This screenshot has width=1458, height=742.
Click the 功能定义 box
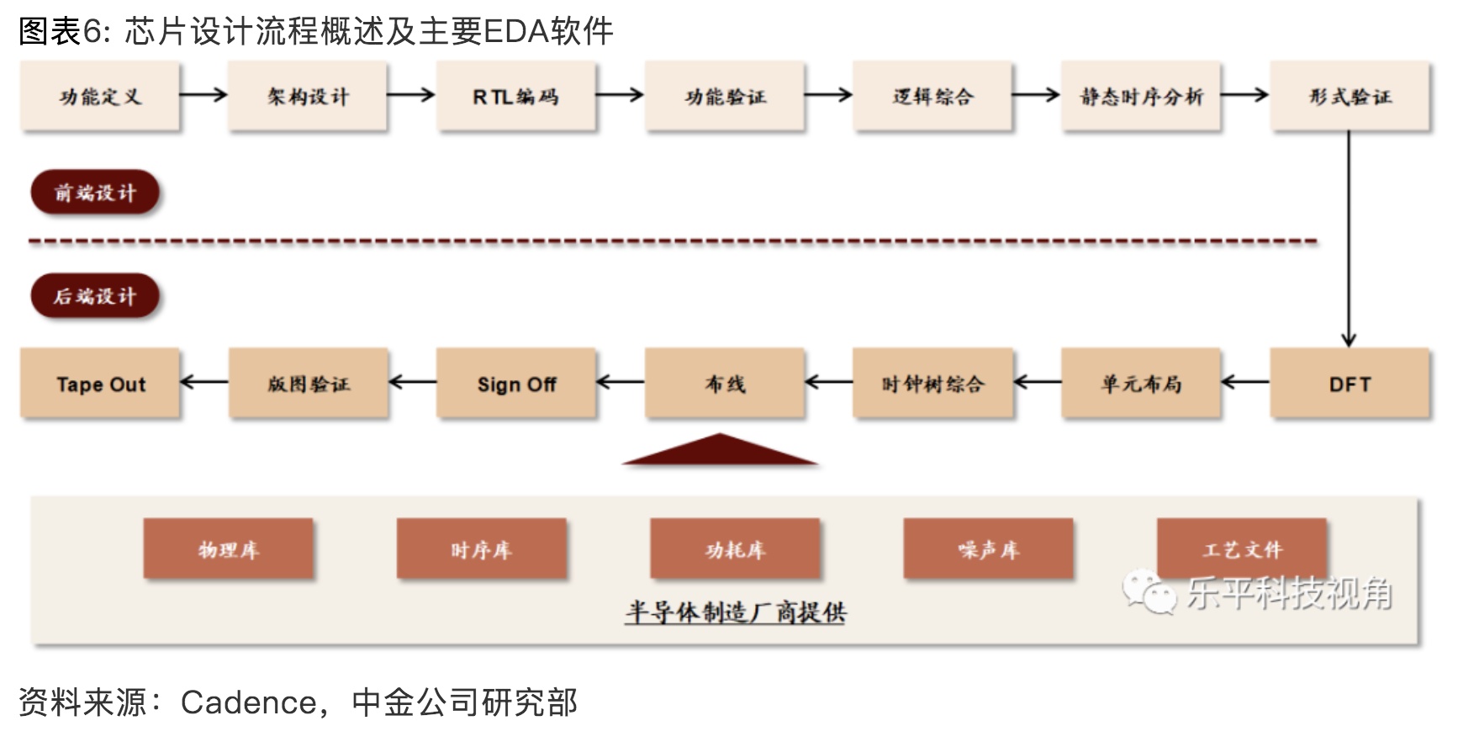tap(100, 96)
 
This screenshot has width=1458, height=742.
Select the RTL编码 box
tap(516, 96)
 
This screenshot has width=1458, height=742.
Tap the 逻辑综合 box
tap(932, 96)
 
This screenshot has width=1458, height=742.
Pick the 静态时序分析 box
tap(1141, 96)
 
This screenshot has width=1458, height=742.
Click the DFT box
tap(1350, 384)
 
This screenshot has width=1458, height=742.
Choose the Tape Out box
tap(100, 384)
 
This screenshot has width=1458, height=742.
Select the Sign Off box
tap(516, 384)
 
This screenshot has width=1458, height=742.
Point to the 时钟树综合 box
tap(932, 384)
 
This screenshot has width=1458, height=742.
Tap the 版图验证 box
tap(309, 384)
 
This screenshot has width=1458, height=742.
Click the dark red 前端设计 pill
tap(95, 193)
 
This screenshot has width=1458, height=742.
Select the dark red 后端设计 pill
tap(95, 296)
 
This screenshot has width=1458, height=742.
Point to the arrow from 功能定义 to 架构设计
tap(203, 95)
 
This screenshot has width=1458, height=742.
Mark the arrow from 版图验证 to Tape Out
tap(203, 383)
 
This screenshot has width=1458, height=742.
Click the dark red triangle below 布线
tap(720, 451)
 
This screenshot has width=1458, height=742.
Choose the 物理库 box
tap(229, 549)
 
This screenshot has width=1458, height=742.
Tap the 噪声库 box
tap(988, 549)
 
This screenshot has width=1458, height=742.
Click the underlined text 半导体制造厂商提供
tap(735, 612)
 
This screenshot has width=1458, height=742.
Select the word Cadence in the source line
tap(248, 702)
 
